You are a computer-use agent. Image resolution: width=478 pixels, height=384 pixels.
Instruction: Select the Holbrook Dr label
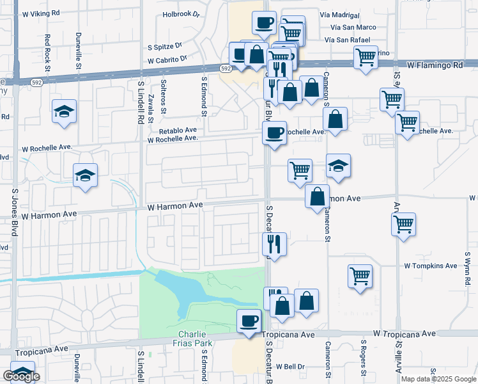(181, 13)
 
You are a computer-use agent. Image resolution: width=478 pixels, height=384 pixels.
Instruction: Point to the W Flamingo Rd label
(435, 65)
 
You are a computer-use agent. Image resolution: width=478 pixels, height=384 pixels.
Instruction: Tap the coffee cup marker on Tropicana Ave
(249, 319)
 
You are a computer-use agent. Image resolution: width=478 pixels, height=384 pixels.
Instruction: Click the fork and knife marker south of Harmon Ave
(275, 243)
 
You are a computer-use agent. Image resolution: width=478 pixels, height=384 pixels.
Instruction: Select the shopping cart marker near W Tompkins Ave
(360, 276)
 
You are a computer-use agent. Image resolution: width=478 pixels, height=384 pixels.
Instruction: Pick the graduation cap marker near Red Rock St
(64, 111)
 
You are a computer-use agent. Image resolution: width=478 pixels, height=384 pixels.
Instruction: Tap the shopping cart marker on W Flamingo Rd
(366, 56)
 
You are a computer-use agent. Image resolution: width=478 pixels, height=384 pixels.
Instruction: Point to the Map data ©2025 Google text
(438, 379)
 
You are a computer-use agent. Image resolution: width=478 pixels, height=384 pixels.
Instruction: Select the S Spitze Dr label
(165, 47)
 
